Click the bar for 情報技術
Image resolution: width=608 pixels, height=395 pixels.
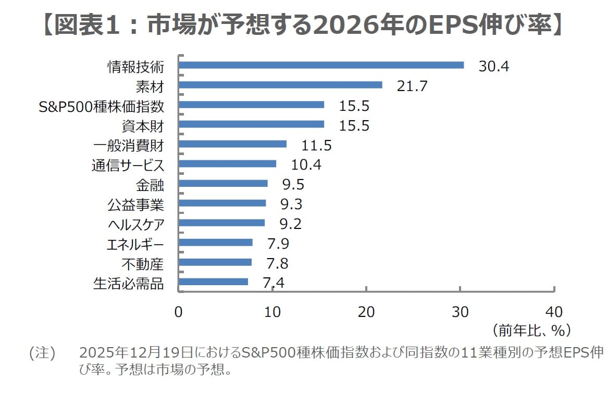[321, 65]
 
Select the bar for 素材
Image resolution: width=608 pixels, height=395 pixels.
[280, 85]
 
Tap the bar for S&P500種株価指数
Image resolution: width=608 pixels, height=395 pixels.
[251, 105]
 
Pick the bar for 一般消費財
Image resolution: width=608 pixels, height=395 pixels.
[232, 144]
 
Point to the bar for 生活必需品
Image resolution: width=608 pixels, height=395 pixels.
[213, 282]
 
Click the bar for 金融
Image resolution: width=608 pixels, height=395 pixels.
[223, 183]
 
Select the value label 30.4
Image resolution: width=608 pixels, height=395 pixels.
[493, 66]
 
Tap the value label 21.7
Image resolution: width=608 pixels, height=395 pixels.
[412, 86]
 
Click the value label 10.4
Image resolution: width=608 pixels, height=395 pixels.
[306, 164]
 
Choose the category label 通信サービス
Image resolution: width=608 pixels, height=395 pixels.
[128, 165]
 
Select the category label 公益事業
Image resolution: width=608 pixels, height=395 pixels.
[135, 205]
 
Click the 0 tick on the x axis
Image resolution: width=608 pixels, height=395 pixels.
[179, 312]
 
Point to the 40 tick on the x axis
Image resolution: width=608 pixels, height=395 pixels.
[554, 312]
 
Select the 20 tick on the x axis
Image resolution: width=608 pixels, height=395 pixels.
[366, 312]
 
